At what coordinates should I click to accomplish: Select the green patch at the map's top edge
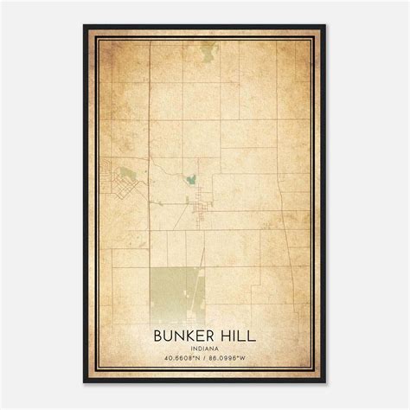coord(208,52)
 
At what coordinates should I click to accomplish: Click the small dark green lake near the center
coord(189,180)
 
